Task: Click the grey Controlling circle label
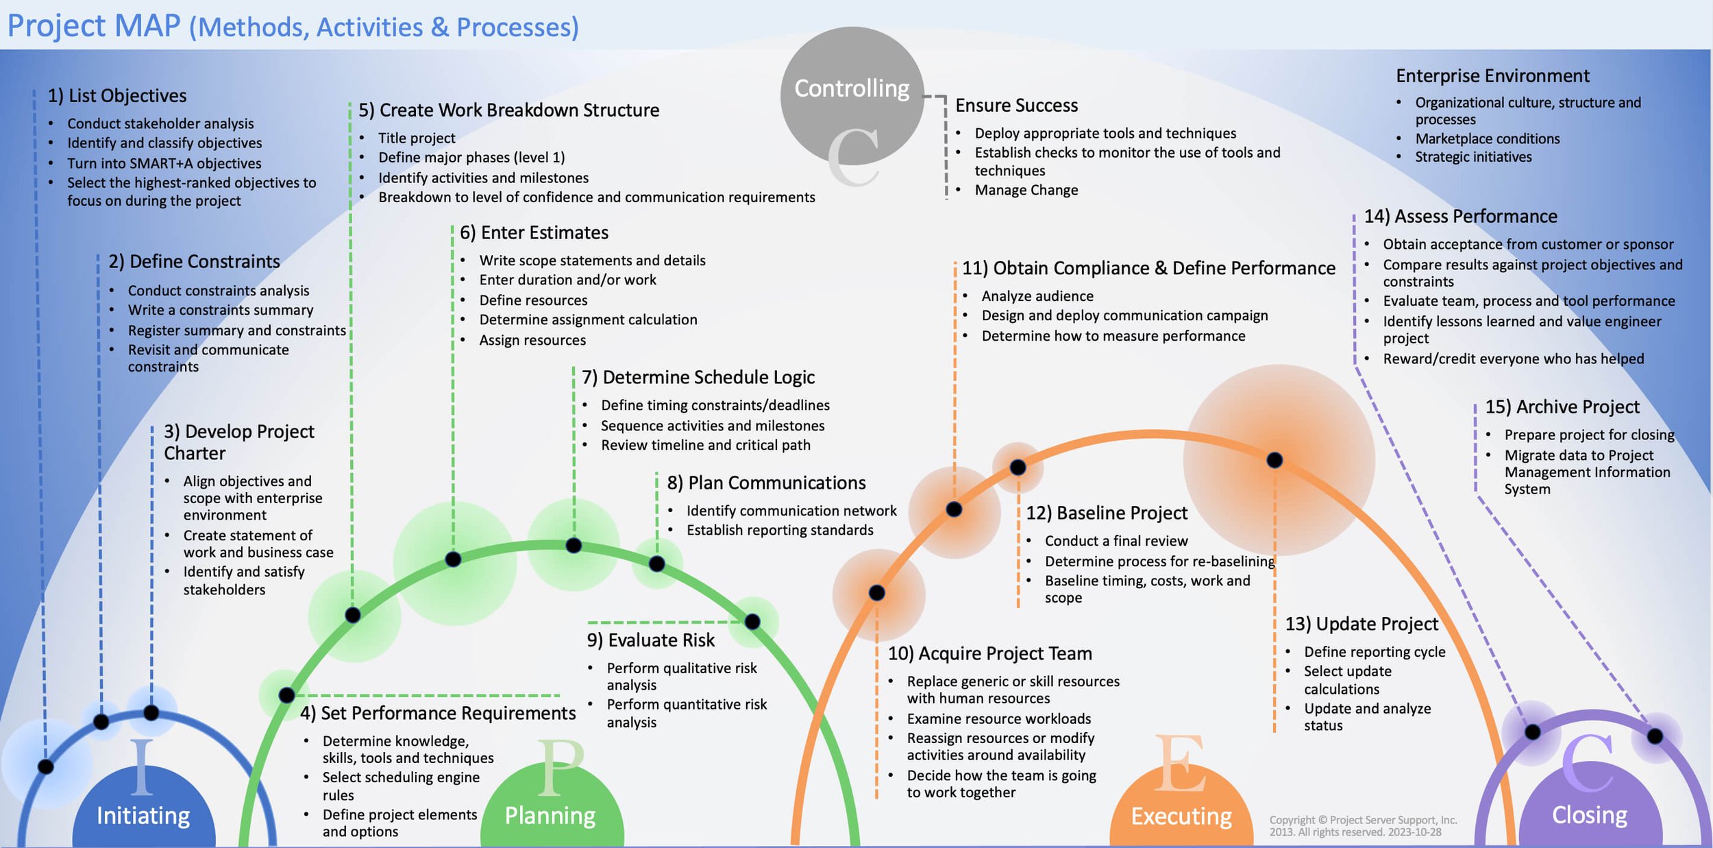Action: (851, 88)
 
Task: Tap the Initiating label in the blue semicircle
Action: (143, 815)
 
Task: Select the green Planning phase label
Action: (550, 815)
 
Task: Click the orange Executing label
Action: (1181, 816)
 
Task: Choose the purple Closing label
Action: (1590, 814)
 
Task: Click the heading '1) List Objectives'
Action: (117, 96)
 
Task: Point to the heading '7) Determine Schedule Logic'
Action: (698, 377)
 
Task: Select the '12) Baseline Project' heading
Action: (1107, 513)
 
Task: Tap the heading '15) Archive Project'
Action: (1562, 407)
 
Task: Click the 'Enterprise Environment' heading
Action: (1492, 75)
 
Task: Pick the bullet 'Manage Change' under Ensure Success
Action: (1026, 190)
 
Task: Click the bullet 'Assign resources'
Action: (532, 340)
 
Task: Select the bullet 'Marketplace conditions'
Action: (1487, 138)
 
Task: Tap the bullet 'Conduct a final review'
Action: (1116, 541)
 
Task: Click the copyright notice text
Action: (1362, 825)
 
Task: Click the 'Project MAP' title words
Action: (94, 26)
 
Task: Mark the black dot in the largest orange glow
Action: (1274, 460)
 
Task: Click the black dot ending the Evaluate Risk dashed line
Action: (752, 622)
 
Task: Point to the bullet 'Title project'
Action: (417, 138)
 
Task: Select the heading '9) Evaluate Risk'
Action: (650, 640)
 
